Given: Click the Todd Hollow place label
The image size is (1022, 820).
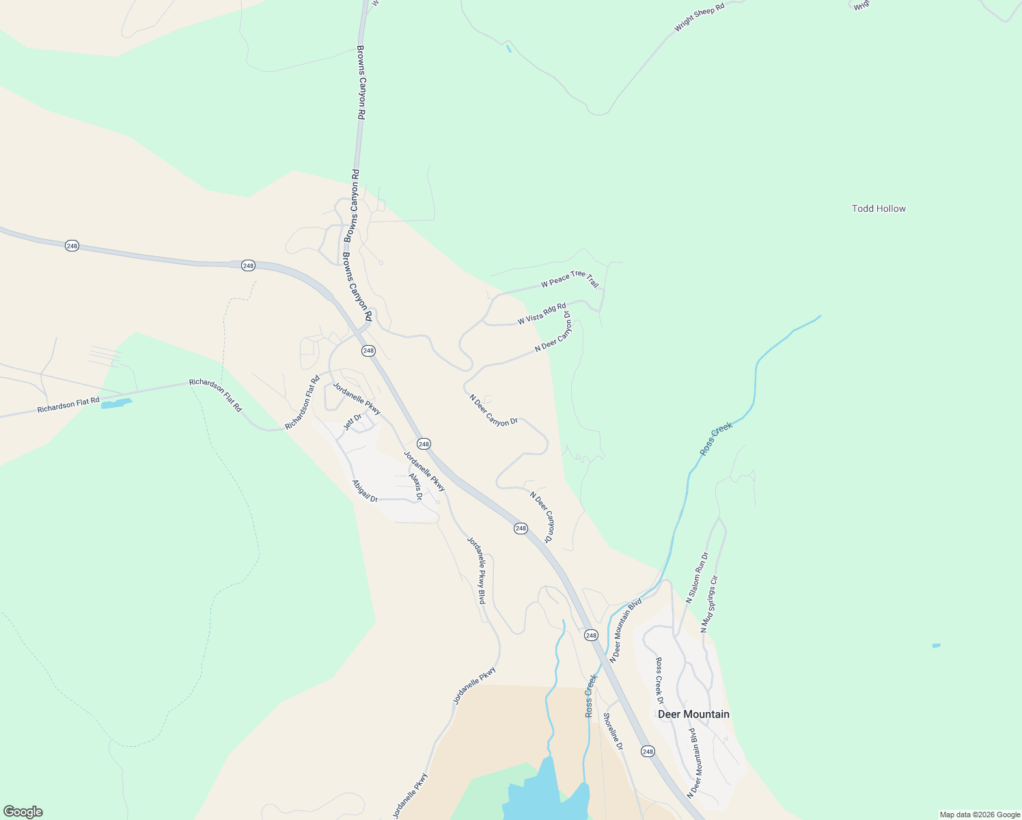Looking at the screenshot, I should coord(879,208).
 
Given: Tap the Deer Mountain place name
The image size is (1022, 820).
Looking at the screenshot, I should coord(693,714).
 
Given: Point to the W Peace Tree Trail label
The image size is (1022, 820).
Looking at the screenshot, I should coord(570,279).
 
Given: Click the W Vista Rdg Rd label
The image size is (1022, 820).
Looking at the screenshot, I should coord(542,314).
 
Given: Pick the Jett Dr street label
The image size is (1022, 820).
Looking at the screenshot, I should coord(352,423).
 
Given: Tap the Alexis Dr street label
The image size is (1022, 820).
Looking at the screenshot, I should coord(415,487).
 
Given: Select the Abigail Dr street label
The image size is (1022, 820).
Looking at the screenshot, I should coord(365,491).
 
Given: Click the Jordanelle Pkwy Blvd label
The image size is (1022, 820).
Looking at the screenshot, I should coord(476,570).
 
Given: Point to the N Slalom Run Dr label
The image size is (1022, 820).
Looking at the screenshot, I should coord(698,577).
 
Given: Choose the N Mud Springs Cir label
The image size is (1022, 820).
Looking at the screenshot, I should coord(709,603).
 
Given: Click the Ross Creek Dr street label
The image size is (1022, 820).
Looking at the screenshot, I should coord(659,681).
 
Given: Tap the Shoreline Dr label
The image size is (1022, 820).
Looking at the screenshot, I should coord(613,731).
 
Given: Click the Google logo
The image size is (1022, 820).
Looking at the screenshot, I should coord(23,812).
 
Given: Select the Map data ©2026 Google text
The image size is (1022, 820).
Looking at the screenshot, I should coord(980,815).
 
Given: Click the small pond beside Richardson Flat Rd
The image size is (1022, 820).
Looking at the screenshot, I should coord(115,404).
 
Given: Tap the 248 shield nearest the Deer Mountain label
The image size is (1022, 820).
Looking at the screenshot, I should coord(648,751).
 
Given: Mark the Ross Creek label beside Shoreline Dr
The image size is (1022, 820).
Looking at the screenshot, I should coord(591,696).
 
